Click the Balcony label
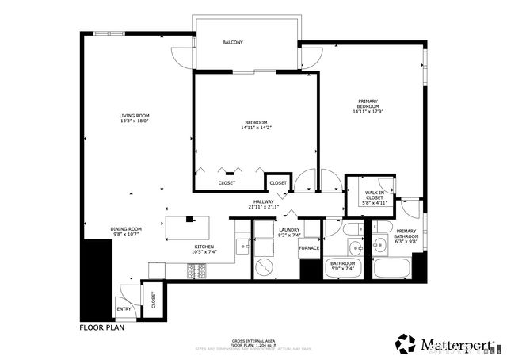232,42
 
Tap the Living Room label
135,116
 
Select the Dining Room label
125,229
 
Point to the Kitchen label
205,247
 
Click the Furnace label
309,248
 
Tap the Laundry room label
288,229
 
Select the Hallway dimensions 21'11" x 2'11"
264,208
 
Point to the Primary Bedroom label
368,104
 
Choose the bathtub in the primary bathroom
391,267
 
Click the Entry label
124,309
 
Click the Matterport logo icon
406,343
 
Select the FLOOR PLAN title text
102,327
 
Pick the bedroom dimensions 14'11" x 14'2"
254,128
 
